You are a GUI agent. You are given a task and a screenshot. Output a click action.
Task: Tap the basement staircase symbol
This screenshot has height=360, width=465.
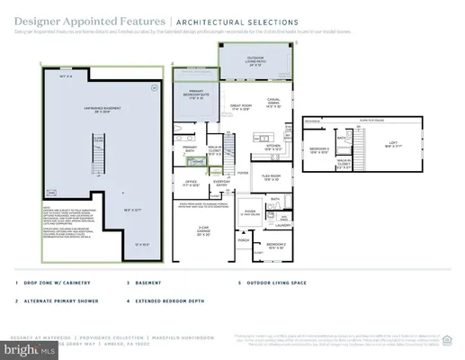[92, 153]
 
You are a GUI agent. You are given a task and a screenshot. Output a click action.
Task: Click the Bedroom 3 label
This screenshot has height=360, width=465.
[319, 150]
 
